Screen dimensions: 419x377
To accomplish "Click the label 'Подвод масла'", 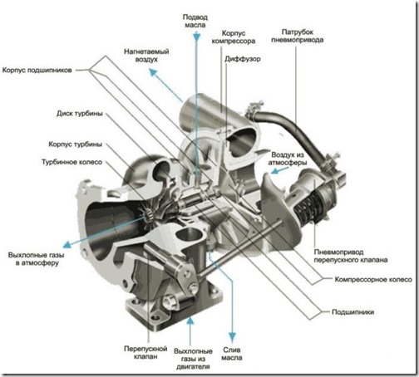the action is point(195,21).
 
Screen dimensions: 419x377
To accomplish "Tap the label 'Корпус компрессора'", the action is point(234,37).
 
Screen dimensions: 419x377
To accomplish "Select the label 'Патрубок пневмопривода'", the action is point(298,36).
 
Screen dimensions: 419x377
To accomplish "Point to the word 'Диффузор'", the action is point(243,59).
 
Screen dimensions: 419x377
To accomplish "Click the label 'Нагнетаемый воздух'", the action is point(146,56).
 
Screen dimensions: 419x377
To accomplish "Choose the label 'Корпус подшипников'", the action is point(37,70).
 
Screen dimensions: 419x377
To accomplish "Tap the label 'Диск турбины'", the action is point(80,114).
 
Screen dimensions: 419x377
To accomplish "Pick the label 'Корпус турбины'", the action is point(76,144).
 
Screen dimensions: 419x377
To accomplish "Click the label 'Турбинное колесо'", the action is point(72,162).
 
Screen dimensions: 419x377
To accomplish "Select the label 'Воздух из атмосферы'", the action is point(288,159).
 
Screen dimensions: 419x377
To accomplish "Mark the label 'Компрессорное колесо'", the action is point(373,280).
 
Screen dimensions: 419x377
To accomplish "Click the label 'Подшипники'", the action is point(353,312).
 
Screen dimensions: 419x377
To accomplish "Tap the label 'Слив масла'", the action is point(232,354).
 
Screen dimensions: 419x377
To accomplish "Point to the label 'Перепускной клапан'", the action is point(145,352).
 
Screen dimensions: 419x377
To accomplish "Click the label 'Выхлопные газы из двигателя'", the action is point(193,359).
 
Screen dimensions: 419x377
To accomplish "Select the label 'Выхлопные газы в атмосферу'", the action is point(37,259).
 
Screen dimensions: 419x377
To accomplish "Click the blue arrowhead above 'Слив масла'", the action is point(232,336).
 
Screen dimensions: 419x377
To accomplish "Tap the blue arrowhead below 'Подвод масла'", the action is point(196,37).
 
